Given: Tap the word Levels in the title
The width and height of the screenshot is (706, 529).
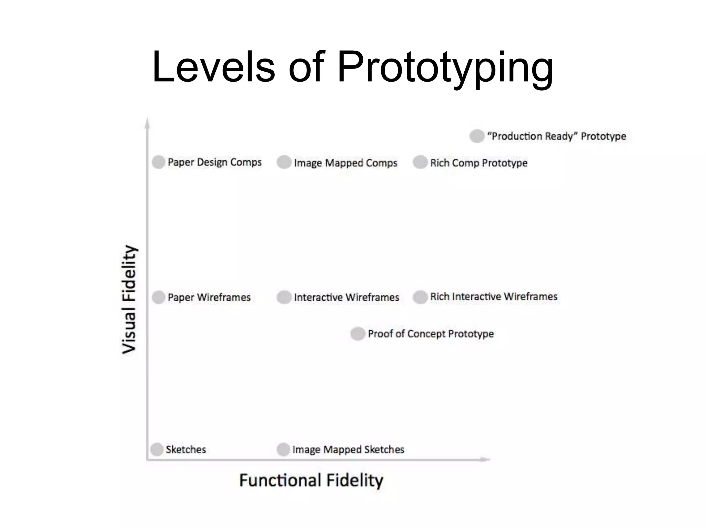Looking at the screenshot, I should click(214, 67).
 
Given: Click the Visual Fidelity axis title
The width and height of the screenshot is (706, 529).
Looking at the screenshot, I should click(130, 299).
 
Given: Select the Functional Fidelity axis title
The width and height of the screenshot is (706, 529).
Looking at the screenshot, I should click(311, 480).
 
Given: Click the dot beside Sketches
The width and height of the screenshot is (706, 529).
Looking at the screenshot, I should click(157, 449).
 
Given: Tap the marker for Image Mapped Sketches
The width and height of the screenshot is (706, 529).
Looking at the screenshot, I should click(283, 449).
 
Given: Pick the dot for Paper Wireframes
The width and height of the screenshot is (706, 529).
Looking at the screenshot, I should click(159, 297).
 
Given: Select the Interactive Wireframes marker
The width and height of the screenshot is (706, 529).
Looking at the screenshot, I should click(284, 297).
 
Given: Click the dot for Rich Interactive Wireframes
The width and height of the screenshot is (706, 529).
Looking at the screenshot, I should click(420, 297).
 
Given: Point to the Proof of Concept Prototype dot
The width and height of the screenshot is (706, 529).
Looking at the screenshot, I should click(358, 333).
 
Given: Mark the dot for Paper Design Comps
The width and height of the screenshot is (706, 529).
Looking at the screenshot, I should click(159, 162).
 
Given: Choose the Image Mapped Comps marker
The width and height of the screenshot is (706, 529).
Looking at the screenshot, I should click(284, 162).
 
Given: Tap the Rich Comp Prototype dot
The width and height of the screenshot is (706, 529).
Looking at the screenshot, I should click(420, 162).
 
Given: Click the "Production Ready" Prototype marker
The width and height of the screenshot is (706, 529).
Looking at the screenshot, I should click(477, 136).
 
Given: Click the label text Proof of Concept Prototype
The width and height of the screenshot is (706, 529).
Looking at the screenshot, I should click(431, 334).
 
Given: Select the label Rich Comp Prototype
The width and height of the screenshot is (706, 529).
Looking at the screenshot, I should click(478, 163).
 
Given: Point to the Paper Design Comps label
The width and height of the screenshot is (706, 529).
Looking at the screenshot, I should click(214, 162).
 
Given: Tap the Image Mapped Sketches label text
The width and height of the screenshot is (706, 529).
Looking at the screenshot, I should click(348, 449).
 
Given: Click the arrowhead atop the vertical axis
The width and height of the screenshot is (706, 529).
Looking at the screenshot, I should click(147, 123).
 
